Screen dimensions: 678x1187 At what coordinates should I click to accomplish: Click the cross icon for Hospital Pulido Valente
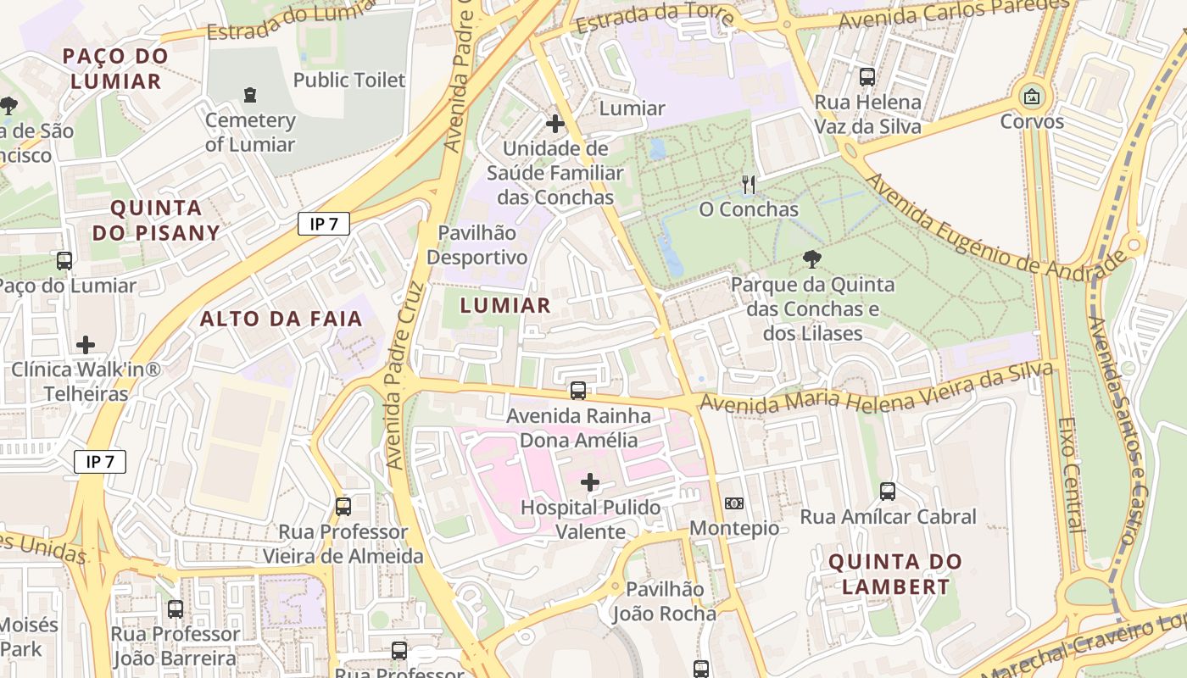[x=590, y=483]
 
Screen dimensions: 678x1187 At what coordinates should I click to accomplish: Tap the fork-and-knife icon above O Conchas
[x=748, y=184]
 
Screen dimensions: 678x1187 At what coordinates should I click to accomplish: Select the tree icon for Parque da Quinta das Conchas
[x=812, y=259]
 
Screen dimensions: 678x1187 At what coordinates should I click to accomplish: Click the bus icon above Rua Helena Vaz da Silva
[x=867, y=77]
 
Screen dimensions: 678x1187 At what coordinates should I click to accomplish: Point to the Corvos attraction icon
[x=1032, y=97]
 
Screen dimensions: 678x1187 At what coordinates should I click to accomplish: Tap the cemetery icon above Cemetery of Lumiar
[x=250, y=95]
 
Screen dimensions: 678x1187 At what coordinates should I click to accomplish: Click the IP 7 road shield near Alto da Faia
[x=324, y=224]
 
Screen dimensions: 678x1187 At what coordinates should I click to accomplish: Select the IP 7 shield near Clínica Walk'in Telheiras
[x=100, y=462]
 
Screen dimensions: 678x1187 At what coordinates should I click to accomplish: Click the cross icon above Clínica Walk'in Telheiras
[x=86, y=345]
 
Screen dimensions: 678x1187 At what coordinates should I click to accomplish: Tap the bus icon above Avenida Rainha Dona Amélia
[x=578, y=391]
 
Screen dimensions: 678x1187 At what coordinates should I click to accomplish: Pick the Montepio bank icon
[x=734, y=503]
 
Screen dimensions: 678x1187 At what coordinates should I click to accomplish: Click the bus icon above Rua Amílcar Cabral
[x=888, y=492]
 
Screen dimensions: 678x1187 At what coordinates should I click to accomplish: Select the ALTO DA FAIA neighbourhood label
[x=281, y=320]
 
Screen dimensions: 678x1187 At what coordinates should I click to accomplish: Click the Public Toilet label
[x=349, y=81]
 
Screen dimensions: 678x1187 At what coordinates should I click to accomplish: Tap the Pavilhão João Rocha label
[x=665, y=601]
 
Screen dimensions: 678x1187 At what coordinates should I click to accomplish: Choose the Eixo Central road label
[x=1072, y=475]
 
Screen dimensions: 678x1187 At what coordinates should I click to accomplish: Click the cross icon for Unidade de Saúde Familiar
[x=555, y=125]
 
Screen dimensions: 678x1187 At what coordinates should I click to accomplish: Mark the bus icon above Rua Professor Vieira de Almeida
[x=343, y=507]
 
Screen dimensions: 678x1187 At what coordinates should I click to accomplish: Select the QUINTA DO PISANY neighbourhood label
[x=156, y=220]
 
